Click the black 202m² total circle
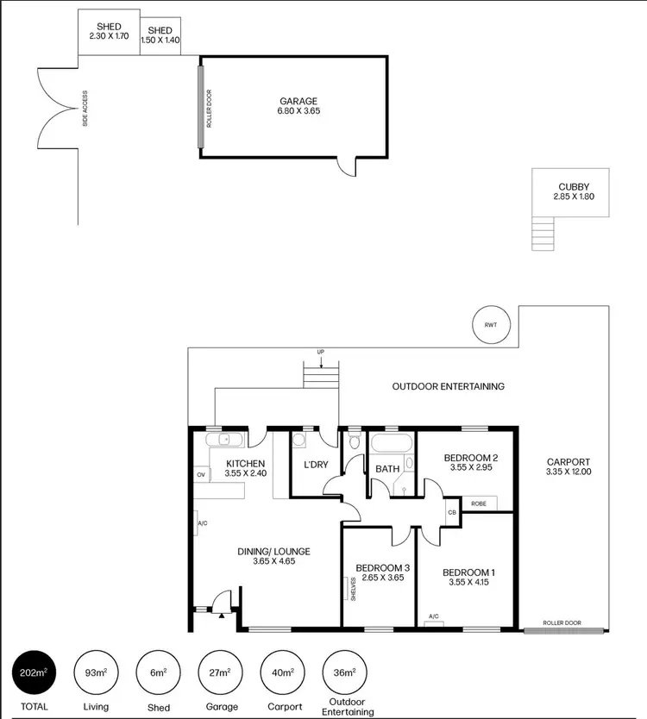pyautogui.click(x=34, y=672)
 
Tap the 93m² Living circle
pyautogui.click(x=96, y=672)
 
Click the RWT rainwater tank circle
pyautogui.click(x=491, y=325)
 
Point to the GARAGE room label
pyautogui.click(x=298, y=101)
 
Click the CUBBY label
pyautogui.click(x=574, y=186)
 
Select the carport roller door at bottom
pyautogui.click(x=562, y=631)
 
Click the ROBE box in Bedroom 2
pyautogui.click(x=478, y=503)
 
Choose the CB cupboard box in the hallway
pyautogui.click(x=452, y=512)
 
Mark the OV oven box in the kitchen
pyautogui.click(x=201, y=475)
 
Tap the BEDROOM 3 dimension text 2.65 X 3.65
pyautogui.click(x=382, y=578)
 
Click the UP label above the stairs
pyautogui.click(x=321, y=352)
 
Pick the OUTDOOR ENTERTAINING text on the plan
pyautogui.click(x=448, y=386)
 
